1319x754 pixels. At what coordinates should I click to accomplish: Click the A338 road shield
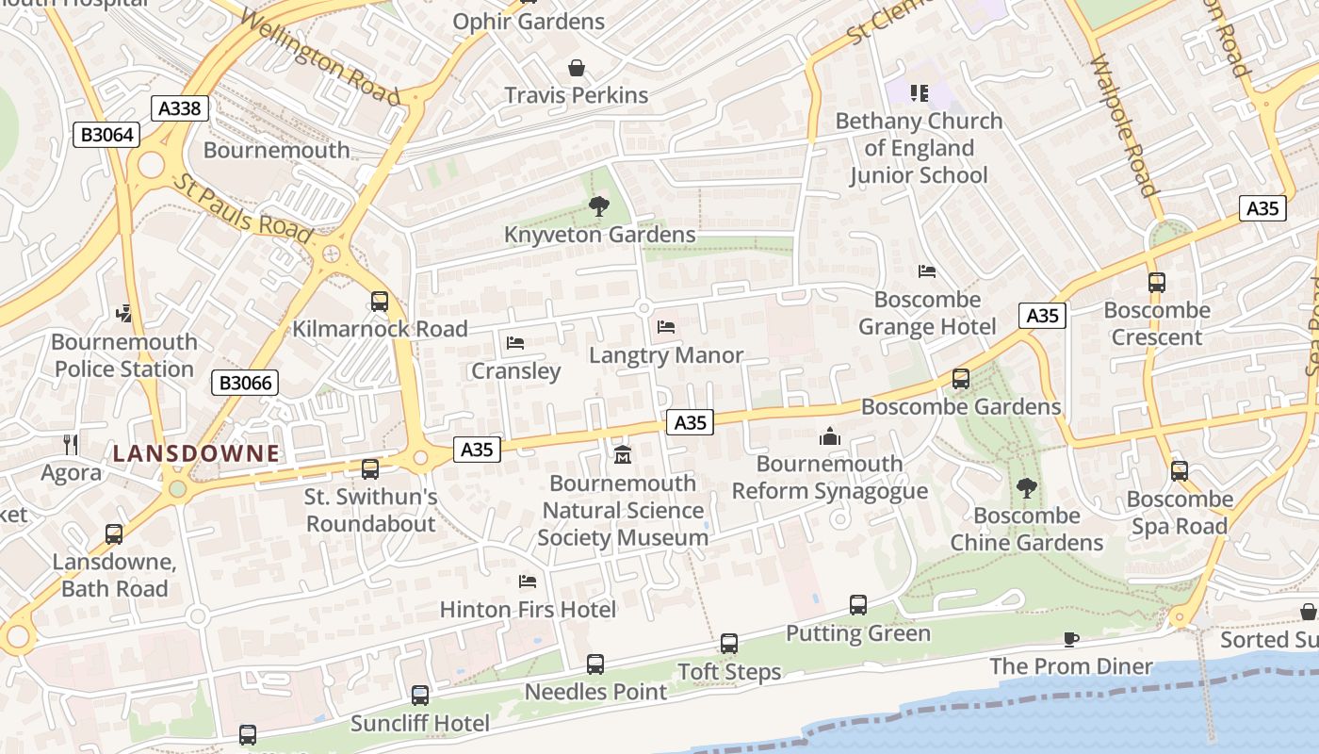pyautogui.click(x=179, y=108)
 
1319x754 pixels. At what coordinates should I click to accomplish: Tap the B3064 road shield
pyautogui.click(x=106, y=135)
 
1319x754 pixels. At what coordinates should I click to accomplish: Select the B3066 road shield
pyautogui.click(x=245, y=383)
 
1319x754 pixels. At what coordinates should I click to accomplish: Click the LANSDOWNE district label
pyautogui.click(x=196, y=453)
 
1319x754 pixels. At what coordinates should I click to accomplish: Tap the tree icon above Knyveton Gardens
pyautogui.click(x=598, y=206)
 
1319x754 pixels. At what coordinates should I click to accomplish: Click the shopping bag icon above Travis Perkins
pyautogui.click(x=576, y=68)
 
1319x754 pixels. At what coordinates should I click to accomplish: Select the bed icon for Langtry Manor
pyautogui.click(x=666, y=327)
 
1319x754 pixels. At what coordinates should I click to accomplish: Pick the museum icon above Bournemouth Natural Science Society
pyautogui.click(x=622, y=455)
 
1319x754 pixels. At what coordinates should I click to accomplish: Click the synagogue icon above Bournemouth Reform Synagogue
pyautogui.click(x=829, y=435)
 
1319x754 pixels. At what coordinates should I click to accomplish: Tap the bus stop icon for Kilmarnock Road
pyautogui.click(x=379, y=302)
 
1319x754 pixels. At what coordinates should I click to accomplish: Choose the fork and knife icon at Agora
pyautogui.click(x=71, y=444)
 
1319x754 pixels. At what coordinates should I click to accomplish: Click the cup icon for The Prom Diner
pyautogui.click(x=1070, y=639)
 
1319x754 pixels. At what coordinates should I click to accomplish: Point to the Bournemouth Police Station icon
pyautogui.click(x=123, y=313)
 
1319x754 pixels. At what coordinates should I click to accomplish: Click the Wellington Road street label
pyautogui.click(x=319, y=57)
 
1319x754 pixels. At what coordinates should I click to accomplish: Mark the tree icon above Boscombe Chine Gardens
pyautogui.click(x=1026, y=487)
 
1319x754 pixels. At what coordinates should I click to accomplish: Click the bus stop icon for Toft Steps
pyautogui.click(x=729, y=644)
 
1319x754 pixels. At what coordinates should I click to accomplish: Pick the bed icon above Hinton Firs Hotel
pyautogui.click(x=528, y=582)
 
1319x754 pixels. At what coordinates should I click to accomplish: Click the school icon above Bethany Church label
pyautogui.click(x=919, y=92)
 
